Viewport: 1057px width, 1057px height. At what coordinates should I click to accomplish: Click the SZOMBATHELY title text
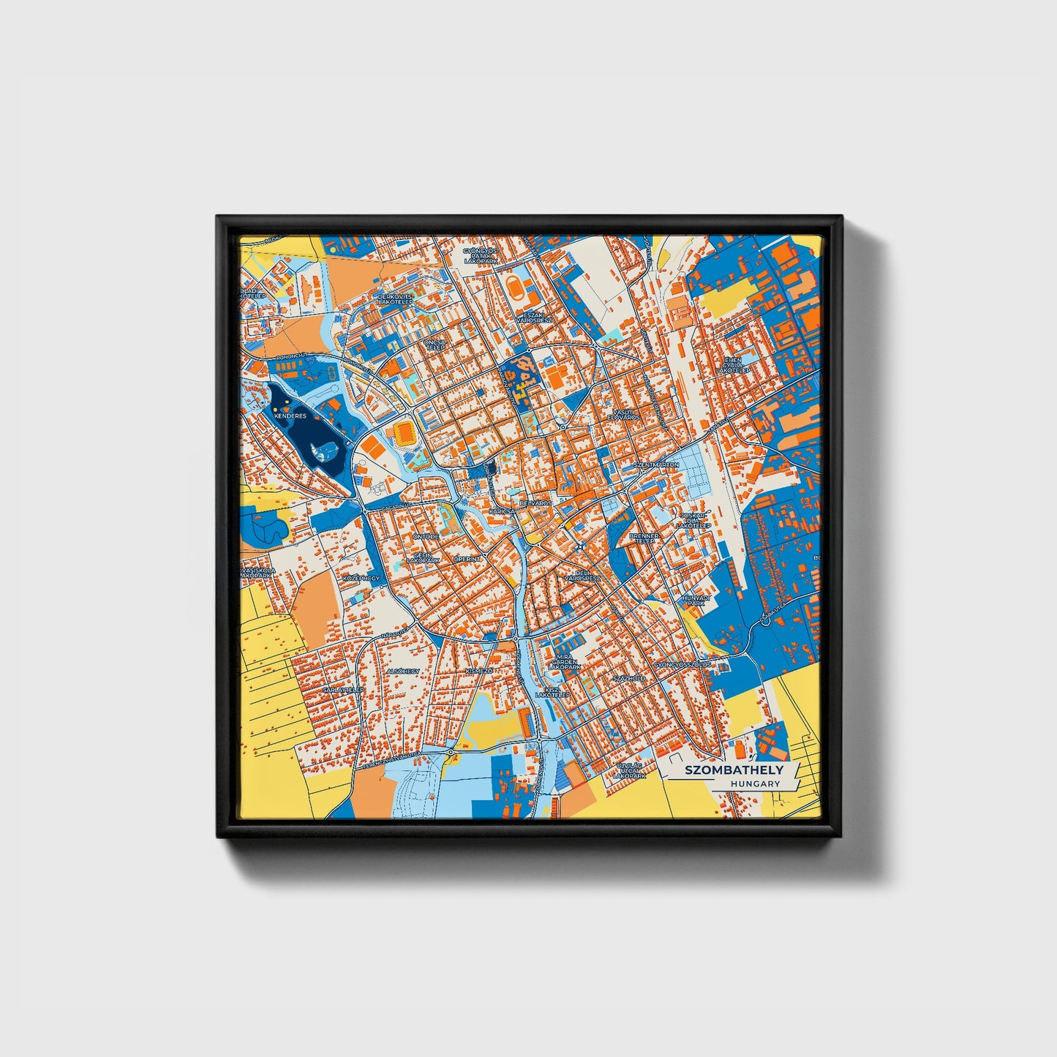(x=734, y=770)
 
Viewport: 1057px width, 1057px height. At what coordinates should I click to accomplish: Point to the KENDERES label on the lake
(x=288, y=415)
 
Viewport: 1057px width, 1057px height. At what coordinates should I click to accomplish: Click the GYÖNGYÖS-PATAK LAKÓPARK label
(x=480, y=255)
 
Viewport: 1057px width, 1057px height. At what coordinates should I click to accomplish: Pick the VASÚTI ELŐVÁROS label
(x=623, y=415)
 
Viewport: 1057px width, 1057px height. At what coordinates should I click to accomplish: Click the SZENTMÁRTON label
(x=655, y=465)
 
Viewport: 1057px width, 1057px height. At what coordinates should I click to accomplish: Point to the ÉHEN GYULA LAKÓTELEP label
(x=732, y=366)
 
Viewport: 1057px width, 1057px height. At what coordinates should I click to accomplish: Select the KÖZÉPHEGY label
(x=361, y=578)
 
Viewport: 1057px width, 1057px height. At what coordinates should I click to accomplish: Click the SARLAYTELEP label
(x=344, y=690)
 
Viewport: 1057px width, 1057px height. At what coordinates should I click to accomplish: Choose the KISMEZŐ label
(x=479, y=671)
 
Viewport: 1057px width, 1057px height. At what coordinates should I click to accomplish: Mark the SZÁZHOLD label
(x=629, y=678)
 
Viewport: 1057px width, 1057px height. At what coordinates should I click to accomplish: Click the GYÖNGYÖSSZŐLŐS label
(x=682, y=665)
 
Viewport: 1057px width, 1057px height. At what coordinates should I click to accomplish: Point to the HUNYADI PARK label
(x=695, y=600)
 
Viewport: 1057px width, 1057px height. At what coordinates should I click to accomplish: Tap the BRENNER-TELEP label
(x=644, y=539)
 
